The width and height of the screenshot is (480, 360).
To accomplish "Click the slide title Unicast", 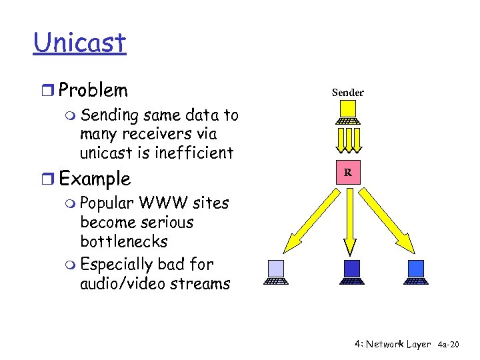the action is tap(79, 43).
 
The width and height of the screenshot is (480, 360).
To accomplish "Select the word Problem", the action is tap(93, 90).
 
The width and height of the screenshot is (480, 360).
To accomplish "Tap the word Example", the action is tap(95, 179).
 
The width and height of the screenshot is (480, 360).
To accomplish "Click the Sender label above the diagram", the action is tap(348, 93).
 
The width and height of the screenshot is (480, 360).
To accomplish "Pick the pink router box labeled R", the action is tap(348, 173).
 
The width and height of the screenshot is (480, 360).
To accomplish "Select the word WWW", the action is tap(155, 203).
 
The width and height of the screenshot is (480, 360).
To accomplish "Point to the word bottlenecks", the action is tap(123, 241).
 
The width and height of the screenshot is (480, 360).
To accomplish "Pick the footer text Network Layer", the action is tap(398, 344).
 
